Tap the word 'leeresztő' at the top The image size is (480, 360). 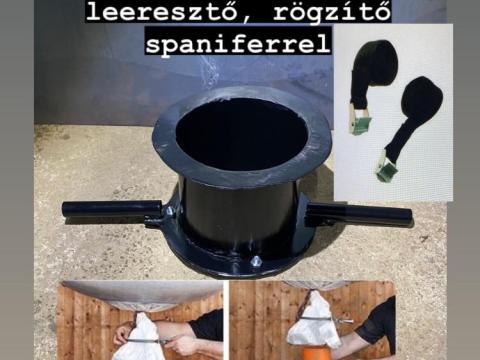(x=160, y=11)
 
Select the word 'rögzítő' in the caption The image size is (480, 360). (x=331, y=12)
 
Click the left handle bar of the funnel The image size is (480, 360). (x=112, y=209)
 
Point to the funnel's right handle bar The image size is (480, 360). (x=359, y=215)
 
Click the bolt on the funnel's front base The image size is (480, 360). (x=256, y=261)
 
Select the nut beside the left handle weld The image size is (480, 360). (x=170, y=212)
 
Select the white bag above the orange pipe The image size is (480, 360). (x=313, y=323)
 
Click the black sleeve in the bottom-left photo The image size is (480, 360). (x=207, y=325)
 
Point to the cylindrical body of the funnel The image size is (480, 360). (x=240, y=213)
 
